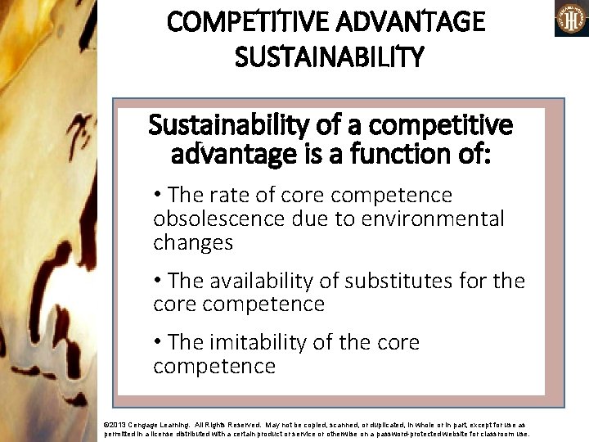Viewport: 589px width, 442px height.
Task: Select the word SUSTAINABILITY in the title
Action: point(329,56)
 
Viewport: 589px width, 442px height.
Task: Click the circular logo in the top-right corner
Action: point(571,19)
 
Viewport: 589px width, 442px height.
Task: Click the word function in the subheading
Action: point(395,154)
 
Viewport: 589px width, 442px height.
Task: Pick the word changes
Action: point(193,242)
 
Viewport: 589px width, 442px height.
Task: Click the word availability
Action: point(276,281)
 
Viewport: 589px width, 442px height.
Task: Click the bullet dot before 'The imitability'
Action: point(159,342)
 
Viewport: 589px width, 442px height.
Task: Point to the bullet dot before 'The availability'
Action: point(159,281)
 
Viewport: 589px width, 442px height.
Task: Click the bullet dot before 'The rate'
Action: point(159,195)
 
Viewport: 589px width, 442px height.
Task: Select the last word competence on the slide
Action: point(214,366)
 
